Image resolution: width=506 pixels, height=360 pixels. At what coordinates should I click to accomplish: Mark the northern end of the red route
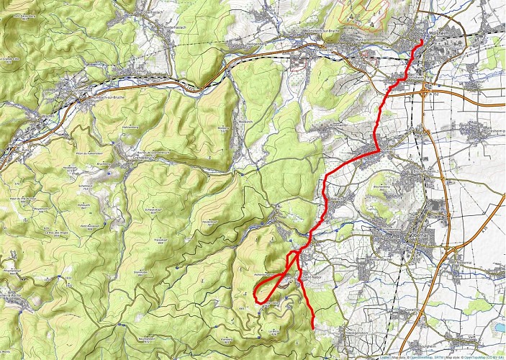click(420, 42)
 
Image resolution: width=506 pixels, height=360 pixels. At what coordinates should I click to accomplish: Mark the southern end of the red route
click(313, 328)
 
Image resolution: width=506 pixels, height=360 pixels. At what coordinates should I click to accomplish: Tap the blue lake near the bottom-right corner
click(497, 326)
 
